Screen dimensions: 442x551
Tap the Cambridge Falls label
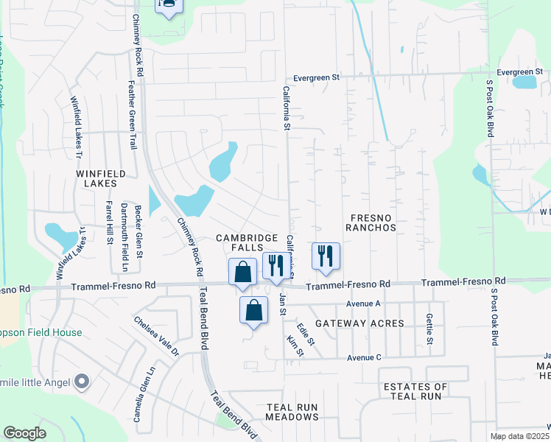click(247, 244)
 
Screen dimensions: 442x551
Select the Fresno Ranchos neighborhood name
click(373, 222)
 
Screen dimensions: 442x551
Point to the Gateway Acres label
click(359, 323)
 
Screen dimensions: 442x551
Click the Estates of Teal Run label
click(415, 391)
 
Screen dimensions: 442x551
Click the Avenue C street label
click(364, 358)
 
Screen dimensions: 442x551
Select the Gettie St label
click(429, 329)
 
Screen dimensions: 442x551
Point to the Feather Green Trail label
click(133, 114)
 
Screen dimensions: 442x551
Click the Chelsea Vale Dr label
click(156, 337)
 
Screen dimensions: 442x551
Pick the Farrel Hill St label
click(108, 222)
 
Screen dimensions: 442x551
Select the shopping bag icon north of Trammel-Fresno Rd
click(242, 272)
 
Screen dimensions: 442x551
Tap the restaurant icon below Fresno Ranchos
click(326, 256)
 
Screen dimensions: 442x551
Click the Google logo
click(24, 433)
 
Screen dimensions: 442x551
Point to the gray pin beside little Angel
click(82, 382)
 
